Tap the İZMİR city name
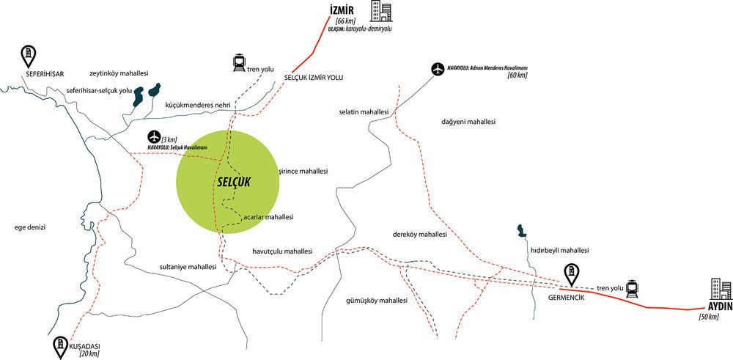pyautogui.click(x=342, y=11)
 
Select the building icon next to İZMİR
pyautogui.click(x=381, y=11)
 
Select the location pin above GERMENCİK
pyautogui.click(x=571, y=275)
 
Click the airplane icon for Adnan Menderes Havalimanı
pyautogui.click(x=438, y=69)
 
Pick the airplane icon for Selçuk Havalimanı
pyautogui.click(x=153, y=137)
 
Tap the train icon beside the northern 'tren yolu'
pyautogui.click(x=240, y=63)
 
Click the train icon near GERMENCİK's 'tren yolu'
pyautogui.click(x=633, y=289)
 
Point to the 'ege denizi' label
pyautogui.click(x=32, y=227)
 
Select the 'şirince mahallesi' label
pyautogui.click(x=303, y=172)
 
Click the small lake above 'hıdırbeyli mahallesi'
pyautogui.click(x=520, y=230)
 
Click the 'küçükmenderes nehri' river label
pyautogui.click(x=198, y=105)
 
